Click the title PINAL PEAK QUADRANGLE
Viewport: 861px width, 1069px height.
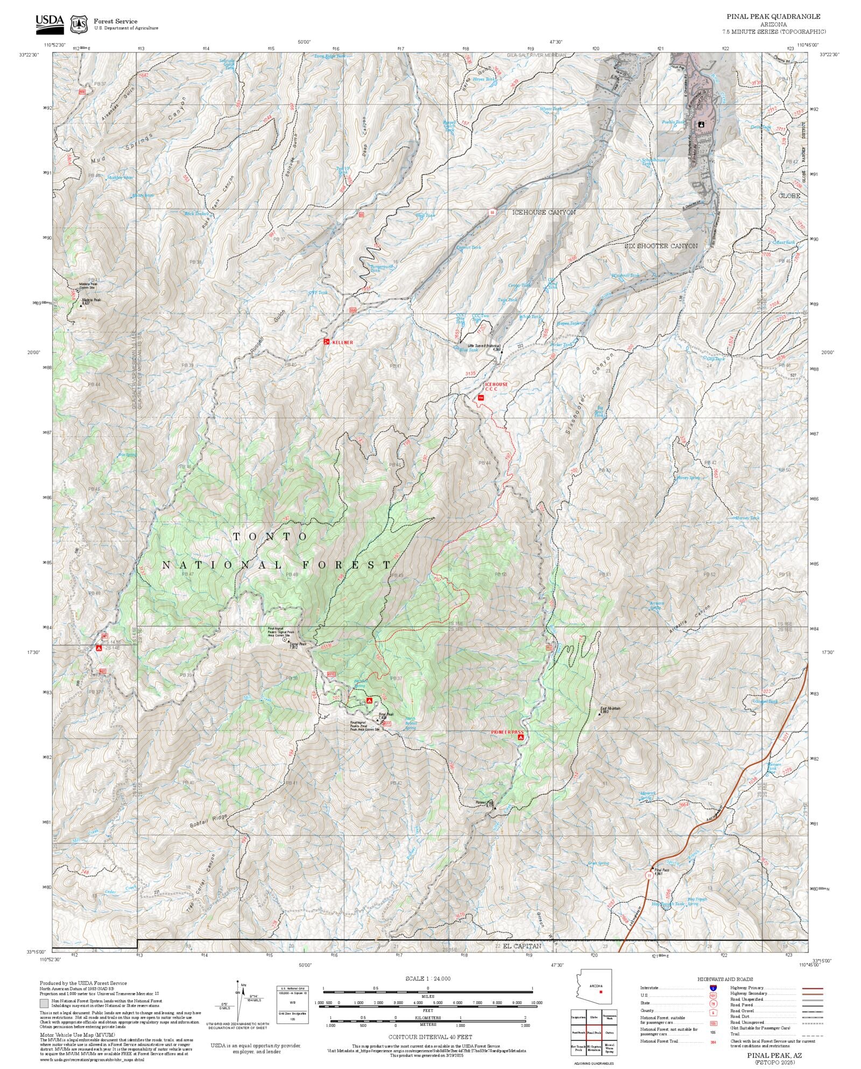(x=773, y=17)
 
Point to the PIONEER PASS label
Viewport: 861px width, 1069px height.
(x=506, y=732)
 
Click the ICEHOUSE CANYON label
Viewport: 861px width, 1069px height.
(x=544, y=212)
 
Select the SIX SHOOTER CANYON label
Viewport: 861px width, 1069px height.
(x=661, y=245)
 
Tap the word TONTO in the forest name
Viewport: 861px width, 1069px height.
(x=271, y=537)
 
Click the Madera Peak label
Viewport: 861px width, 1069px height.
(x=91, y=300)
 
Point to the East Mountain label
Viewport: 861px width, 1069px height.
(x=610, y=708)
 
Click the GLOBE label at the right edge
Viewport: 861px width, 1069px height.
(x=789, y=195)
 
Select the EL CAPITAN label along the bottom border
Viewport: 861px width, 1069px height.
(x=522, y=945)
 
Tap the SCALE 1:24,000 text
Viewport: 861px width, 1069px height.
(x=428, y=978)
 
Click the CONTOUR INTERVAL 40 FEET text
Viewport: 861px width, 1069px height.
(x=430, y=1036)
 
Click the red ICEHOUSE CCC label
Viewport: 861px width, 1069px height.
(x=496, y=386)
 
